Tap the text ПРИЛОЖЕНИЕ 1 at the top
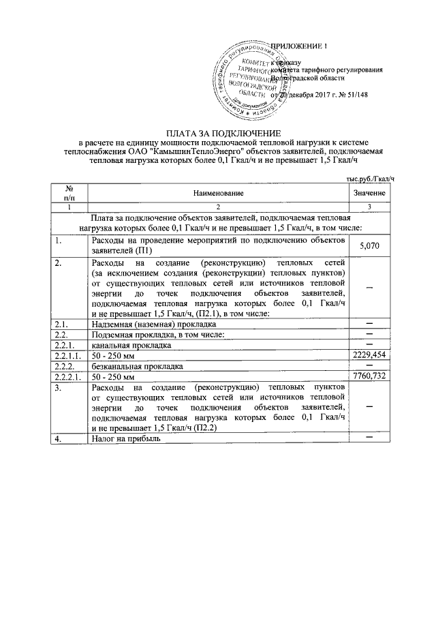[299, 46]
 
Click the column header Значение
[370, 194]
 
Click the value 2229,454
[370, 355]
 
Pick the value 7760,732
[370, 376]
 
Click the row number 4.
[60, 439]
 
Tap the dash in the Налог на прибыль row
[370, 438]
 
